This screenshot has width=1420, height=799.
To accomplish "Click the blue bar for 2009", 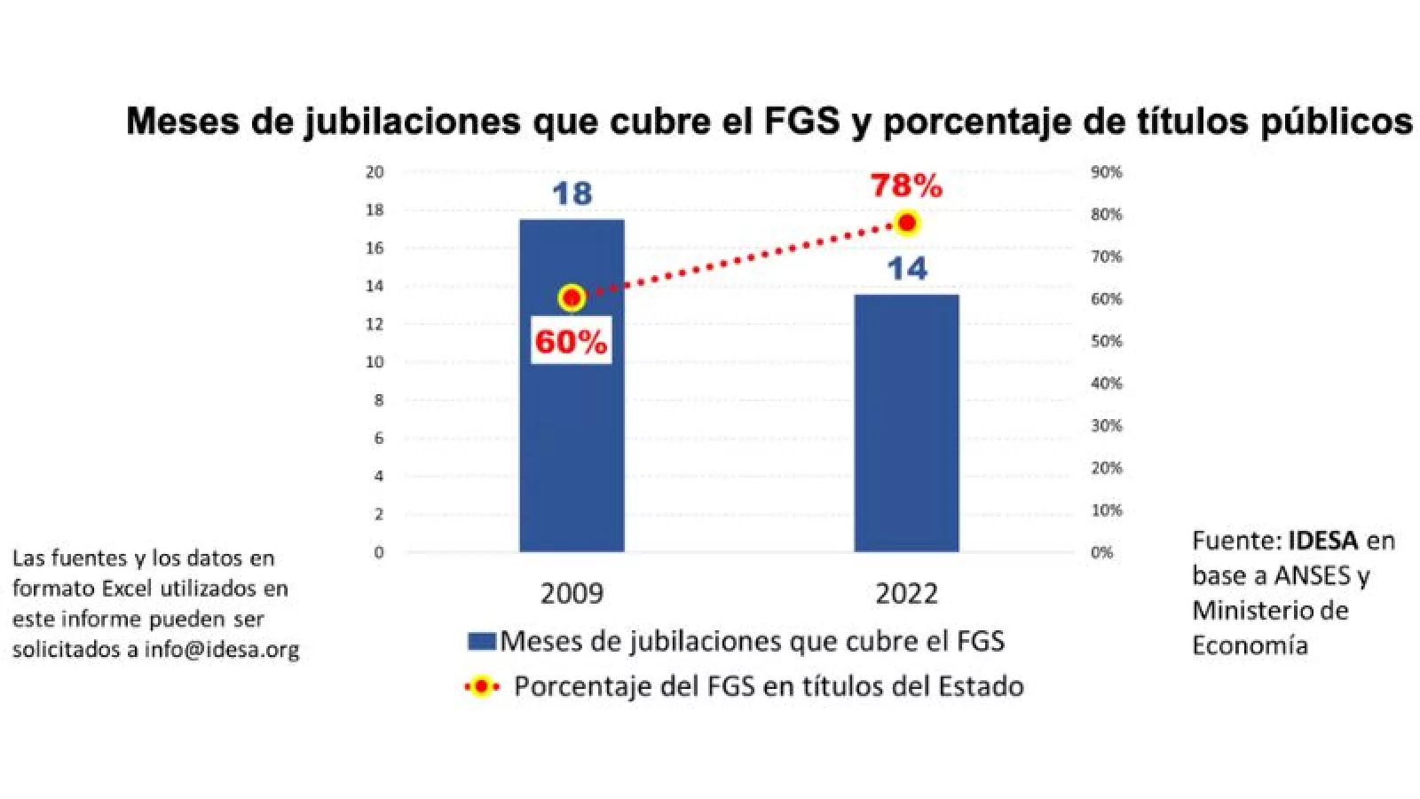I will tap(572, 426).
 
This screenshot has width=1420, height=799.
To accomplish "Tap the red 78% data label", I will tap(906, 186).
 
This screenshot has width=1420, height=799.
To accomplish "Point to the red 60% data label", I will tap(571, 342).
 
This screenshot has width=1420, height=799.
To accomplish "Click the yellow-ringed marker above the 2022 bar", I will tap(906, 223).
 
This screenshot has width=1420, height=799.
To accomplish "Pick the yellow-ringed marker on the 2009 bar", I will tap(572, 298).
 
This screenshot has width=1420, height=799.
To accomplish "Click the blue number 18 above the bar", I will tap(572, 194).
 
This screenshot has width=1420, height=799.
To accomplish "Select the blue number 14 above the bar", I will tap(906, 268).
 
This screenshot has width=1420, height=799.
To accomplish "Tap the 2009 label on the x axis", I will tap(572, 593).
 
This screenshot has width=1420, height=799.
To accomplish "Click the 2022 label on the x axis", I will tap(906, 593).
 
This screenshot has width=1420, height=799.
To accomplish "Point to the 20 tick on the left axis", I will tap(375, 171).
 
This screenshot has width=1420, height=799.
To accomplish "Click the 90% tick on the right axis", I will tap(1106, 171).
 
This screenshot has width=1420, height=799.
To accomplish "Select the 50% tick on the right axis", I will tap(1106, 341).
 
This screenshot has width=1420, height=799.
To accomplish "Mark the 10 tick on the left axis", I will tap(375, 361).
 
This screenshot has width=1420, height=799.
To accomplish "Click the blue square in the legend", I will tap(482, 641).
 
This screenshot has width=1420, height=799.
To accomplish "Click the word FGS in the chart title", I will tap(801, 121).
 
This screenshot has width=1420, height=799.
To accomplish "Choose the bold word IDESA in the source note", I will tap(1323, 541).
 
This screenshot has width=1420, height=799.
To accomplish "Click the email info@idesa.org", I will tap(222, 649).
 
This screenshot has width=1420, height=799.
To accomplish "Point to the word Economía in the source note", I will tap(1250, 645).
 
